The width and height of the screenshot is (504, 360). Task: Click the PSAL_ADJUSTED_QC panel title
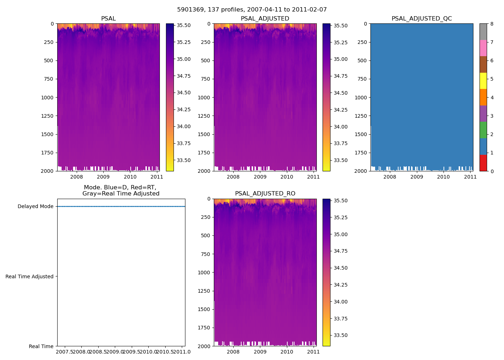pos(422,19)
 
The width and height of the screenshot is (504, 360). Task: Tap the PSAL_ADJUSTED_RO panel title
pos(265,194)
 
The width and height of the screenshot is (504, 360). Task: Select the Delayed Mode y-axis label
pos(35,207)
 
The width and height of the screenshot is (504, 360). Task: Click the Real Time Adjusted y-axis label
pos(30,276)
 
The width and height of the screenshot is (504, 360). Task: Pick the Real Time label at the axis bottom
pos(41,346)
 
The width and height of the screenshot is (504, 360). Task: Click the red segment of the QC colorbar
pos(483,163)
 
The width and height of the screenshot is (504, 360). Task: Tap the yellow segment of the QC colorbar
pos(483,81)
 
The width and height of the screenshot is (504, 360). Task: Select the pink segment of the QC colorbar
pos(483,48)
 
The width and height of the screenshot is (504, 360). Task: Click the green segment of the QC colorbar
pos(483,130)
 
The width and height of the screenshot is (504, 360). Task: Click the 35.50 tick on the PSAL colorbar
pos(184,25)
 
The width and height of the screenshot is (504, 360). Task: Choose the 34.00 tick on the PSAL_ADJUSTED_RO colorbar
pos(340,302)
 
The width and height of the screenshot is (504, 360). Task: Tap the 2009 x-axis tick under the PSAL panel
pos(103,177)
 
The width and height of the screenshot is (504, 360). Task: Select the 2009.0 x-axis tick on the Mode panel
pos(115,352)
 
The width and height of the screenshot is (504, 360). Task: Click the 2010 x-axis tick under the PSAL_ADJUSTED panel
pos(287,177)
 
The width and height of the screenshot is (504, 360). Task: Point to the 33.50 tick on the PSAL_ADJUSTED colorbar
pos(340,160)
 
